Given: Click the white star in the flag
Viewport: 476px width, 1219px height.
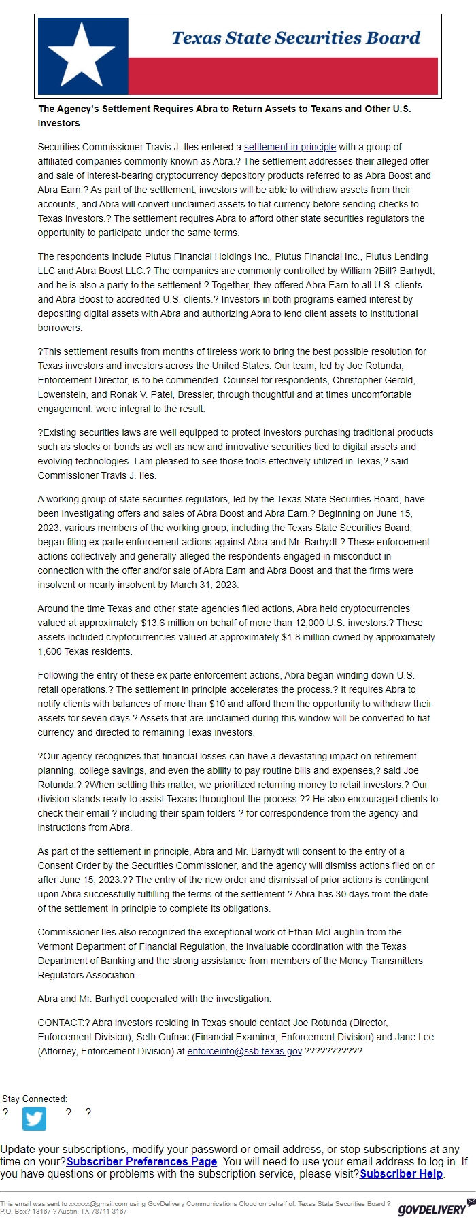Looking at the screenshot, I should [x=83, y=54].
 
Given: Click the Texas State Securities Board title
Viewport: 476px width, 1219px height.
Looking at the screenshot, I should [x=296, y=38].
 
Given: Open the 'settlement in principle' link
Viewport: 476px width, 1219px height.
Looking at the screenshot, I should [x=290, y=147].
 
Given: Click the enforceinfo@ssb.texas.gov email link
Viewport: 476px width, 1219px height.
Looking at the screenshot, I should [x=244, y=1051].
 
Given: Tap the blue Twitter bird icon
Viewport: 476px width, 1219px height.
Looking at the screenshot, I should [x=34, y=1118].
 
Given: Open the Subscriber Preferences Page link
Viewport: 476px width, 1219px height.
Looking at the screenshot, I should [x=141, y=1161].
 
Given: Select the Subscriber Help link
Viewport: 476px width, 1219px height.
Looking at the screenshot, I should [x=401, y=1173].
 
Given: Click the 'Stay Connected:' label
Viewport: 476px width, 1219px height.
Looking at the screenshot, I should [x=35, y=1099].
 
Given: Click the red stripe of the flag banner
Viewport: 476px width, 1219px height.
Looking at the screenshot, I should [x=282, y=75].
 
